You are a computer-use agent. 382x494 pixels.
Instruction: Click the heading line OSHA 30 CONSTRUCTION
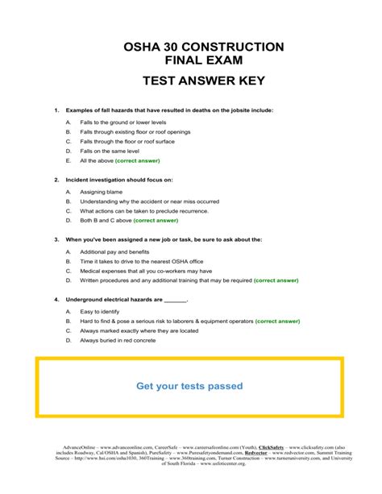tap(191, 48)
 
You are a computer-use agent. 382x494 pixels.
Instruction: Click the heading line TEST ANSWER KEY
tap(191, 81)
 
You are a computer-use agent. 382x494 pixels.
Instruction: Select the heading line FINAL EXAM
tap(191, 61)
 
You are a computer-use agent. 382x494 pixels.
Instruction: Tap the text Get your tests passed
tap(189, 386)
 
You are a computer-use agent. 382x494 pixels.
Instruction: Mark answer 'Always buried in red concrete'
tap(116, 340)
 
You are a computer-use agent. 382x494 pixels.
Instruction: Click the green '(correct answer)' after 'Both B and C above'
tap(156, 220)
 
